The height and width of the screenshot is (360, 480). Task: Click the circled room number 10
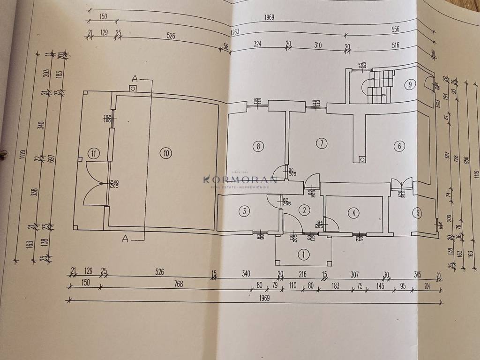165,152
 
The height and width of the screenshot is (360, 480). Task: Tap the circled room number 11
94,153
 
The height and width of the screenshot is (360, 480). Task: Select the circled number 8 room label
258,146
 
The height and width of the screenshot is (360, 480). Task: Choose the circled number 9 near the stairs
410,85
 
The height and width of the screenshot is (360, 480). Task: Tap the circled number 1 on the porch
304,255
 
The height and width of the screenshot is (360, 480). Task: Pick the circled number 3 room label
244,211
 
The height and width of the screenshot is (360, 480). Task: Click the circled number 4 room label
354,213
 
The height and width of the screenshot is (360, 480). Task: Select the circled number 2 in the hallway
304,210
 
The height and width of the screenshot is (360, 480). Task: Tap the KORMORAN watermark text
240,179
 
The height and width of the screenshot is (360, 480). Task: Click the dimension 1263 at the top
235,32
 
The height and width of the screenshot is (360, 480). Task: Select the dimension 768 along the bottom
178,284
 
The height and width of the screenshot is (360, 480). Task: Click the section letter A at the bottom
125,239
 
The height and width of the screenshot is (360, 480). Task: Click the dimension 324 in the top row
257,45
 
